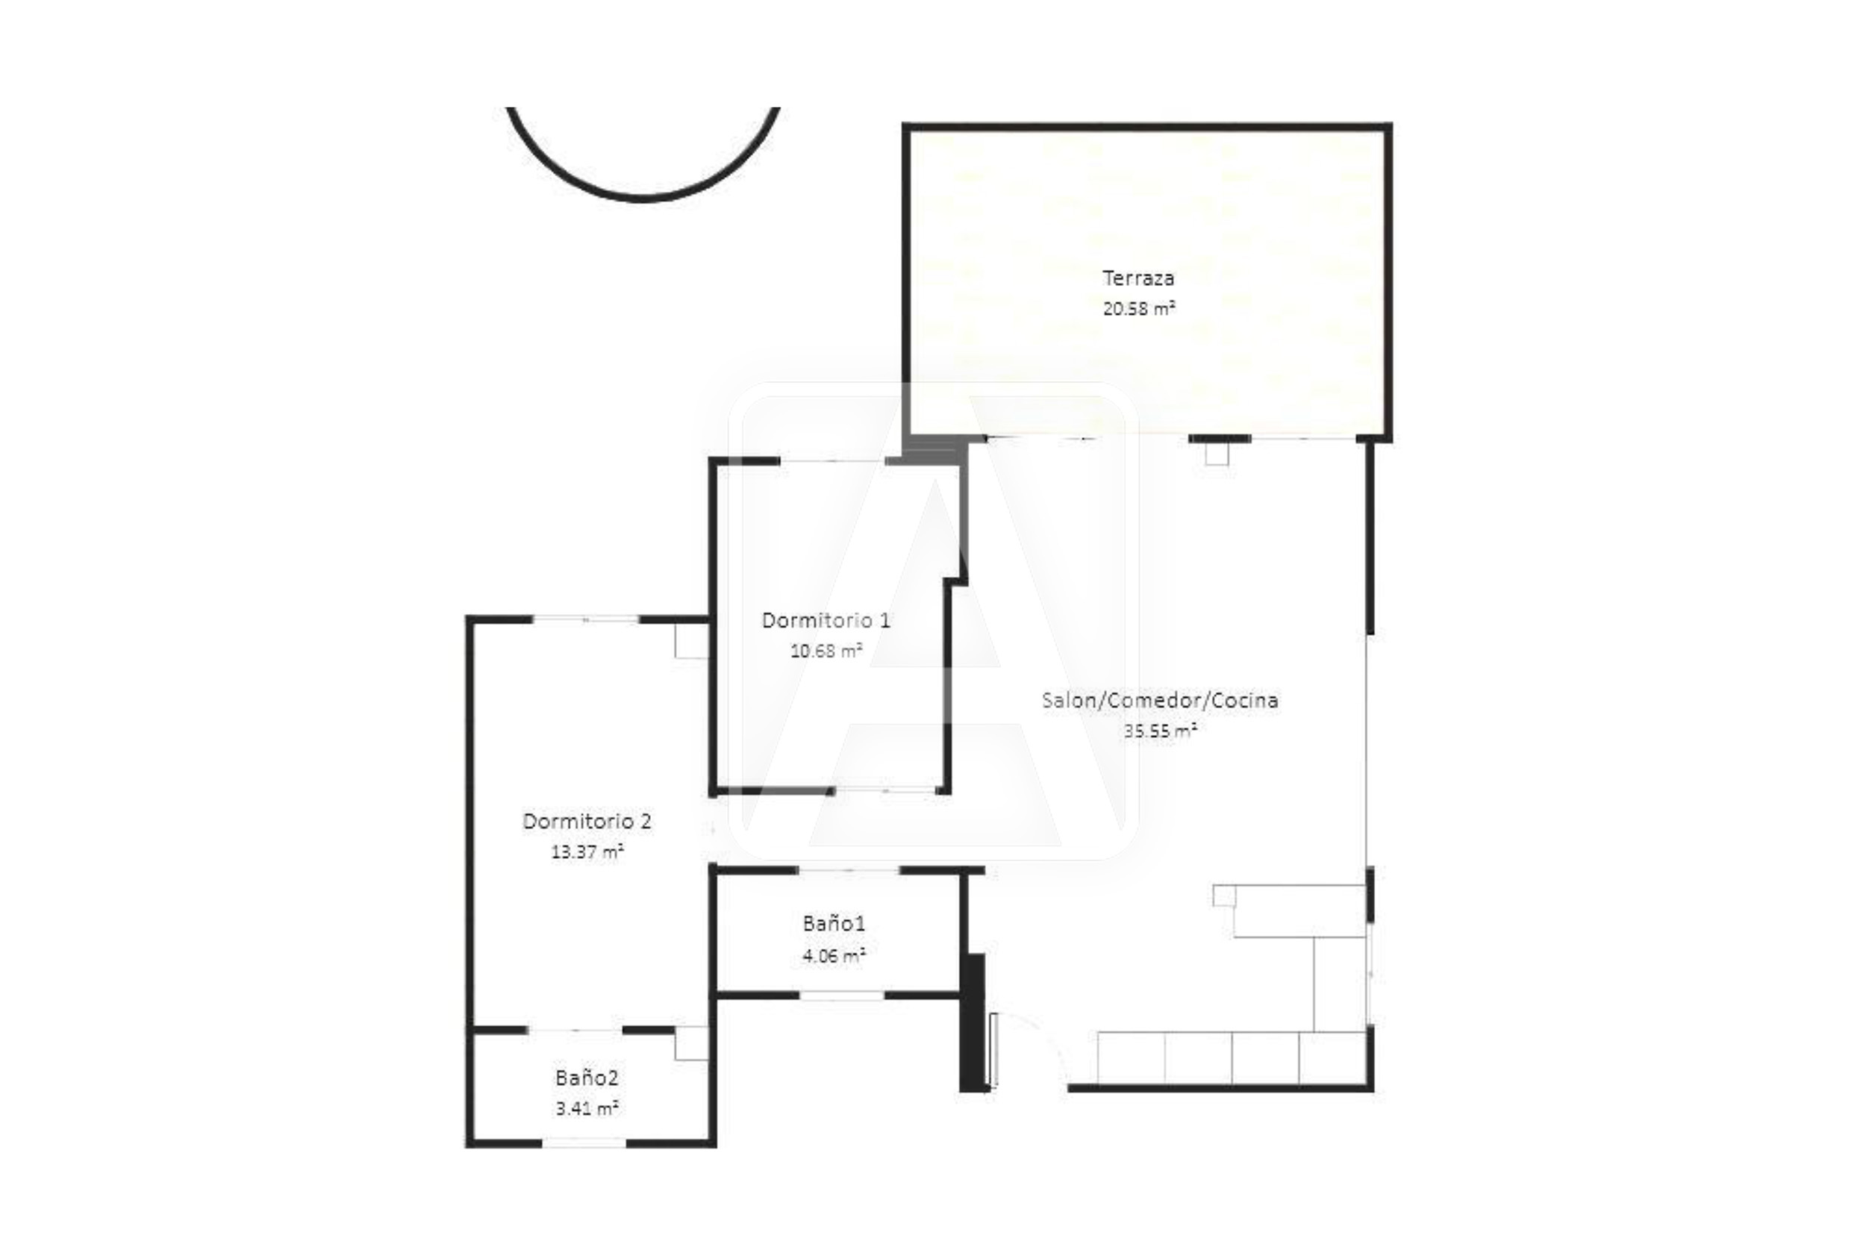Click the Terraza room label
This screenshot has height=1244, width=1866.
1138,278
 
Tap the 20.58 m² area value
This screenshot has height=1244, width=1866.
1138,309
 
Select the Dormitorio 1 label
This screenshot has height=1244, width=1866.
826,620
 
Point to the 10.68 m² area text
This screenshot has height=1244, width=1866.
826,651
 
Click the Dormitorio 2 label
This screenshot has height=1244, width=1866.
587,821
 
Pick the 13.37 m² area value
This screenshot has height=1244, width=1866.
587,851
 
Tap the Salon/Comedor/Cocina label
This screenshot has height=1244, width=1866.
1160,701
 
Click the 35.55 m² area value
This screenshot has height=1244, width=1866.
1160,731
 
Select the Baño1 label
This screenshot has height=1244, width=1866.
834,923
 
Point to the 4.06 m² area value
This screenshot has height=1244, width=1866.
834,955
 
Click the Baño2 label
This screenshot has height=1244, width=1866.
587,1078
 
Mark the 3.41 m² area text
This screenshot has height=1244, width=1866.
587,1108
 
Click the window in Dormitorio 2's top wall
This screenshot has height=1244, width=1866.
585,619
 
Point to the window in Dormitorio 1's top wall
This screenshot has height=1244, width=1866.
832,461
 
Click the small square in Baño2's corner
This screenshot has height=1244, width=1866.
691,1043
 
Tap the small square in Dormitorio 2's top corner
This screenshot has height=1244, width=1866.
691,640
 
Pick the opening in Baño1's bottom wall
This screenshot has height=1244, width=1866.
842,995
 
